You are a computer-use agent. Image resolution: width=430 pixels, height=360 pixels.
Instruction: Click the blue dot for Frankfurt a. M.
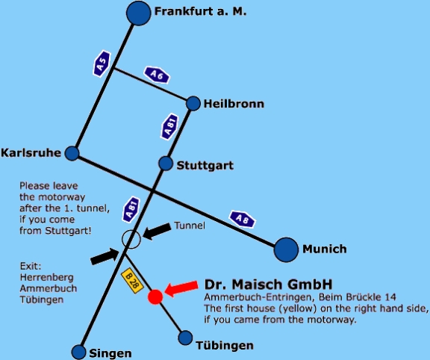click(x=139, y=13)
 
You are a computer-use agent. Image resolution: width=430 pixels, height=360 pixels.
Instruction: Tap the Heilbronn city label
click(x=234, y=104)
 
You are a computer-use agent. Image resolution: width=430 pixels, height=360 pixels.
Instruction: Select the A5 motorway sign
click(x=102, y=63)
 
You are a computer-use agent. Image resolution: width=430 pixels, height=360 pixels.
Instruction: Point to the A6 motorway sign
click(x=157, y=75)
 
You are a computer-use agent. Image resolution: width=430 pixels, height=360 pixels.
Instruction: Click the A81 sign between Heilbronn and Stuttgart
click(x=169, y=126)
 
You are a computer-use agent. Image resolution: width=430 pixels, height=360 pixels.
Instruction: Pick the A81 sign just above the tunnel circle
click(x=131, y=209)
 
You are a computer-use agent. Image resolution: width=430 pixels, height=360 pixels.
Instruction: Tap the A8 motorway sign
click(x=242, y=220)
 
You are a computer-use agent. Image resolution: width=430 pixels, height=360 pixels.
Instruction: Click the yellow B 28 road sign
click(x=132, y=281)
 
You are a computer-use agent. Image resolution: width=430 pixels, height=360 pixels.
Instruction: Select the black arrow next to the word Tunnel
click(x=157, y=231)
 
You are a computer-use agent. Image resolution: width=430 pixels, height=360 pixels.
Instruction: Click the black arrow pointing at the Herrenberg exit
click(x=105, y=256)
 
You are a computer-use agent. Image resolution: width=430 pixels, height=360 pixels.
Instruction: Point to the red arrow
click(x=181, y=288)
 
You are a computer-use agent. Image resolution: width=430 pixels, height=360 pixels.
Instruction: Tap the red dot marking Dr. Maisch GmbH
click(x=155, y=297)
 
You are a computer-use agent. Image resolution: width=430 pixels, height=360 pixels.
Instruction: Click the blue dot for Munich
click(x=286, y=249)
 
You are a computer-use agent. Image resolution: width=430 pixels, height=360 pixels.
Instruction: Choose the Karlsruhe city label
click(x=31, y=153)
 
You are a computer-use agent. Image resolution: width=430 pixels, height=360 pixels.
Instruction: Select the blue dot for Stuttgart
click(x=166, y=164)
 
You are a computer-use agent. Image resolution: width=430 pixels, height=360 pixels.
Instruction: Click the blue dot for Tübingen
click(x=185, y=338)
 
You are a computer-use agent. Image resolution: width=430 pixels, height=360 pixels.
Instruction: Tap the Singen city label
click(x=110, y=353)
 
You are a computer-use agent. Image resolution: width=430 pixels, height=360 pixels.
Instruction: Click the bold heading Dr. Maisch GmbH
click(x=268, y=285)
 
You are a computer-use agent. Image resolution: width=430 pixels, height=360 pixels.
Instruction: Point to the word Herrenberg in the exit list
click(x=46, y=277)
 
